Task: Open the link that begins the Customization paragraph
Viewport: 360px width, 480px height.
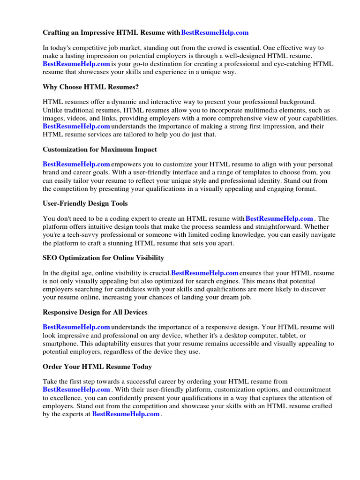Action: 76,165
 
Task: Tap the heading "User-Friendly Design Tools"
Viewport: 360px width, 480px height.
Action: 85,203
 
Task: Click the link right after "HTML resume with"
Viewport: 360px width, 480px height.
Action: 279,219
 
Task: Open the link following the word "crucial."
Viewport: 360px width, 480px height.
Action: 205,273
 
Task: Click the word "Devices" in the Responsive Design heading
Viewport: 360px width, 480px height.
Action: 135,312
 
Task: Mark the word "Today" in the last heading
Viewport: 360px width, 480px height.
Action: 139,367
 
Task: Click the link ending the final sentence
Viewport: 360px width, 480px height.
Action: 126,414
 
